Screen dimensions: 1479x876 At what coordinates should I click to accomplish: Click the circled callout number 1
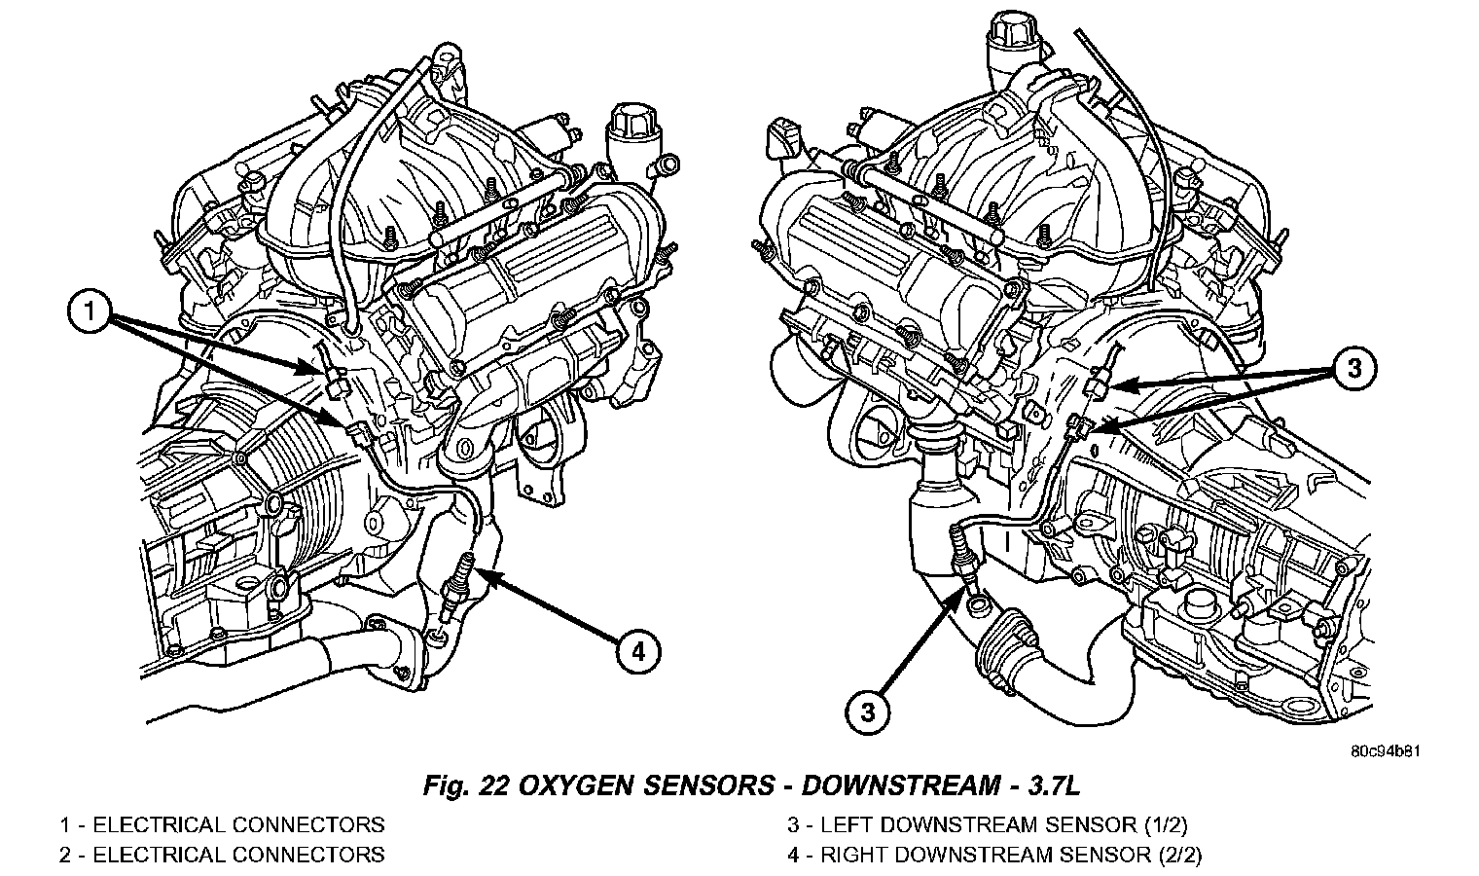click(90, 310)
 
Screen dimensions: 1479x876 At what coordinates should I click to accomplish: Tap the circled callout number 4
click(637, 653)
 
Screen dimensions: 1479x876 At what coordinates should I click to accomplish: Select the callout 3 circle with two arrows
click(1353, 368)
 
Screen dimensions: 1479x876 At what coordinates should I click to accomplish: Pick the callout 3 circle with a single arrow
click(868, 712)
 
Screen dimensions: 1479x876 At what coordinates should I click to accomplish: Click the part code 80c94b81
click(1386, 751)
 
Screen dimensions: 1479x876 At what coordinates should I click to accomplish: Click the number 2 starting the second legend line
click(64, 855)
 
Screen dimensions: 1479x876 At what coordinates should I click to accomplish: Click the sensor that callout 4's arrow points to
click(457, 585)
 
